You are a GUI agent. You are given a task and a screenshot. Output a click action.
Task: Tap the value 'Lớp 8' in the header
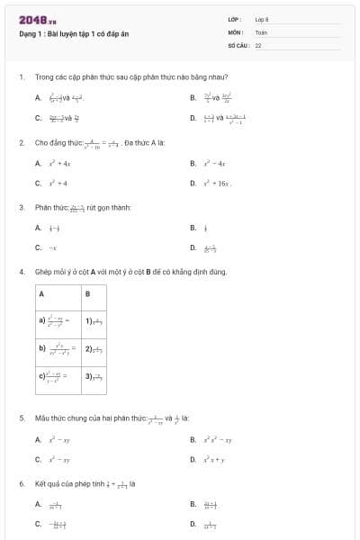pyautogui.click(x=262, y=19)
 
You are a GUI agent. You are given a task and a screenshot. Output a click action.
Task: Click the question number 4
pyautogui.click(x=21, y=271)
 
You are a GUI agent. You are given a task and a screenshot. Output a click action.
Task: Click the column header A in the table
pyautogui.click(x=41, y=294)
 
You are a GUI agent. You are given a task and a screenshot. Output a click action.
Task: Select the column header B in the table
pyautogui.click(x=87, y=294)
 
